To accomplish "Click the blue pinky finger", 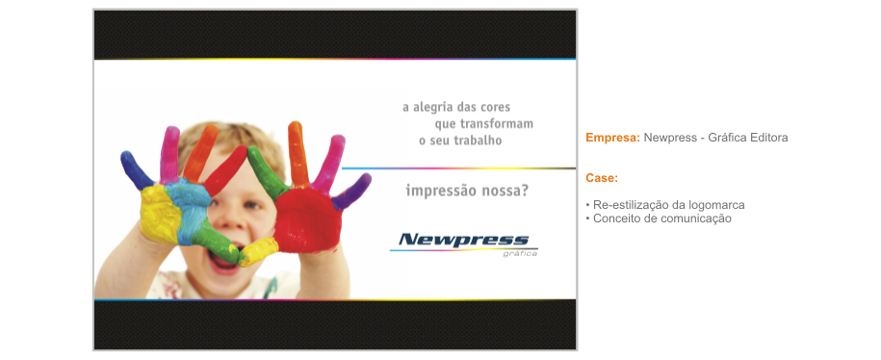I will coord(135,169).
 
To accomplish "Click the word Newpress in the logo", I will coord(463,240).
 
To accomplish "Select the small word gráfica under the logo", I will coord(520,254).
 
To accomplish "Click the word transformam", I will coord(497,124).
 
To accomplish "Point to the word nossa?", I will coord(508,191).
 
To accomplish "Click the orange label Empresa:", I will coord(612,138).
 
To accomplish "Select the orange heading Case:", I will coord(601,178).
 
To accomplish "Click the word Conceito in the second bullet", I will coord(617,219).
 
